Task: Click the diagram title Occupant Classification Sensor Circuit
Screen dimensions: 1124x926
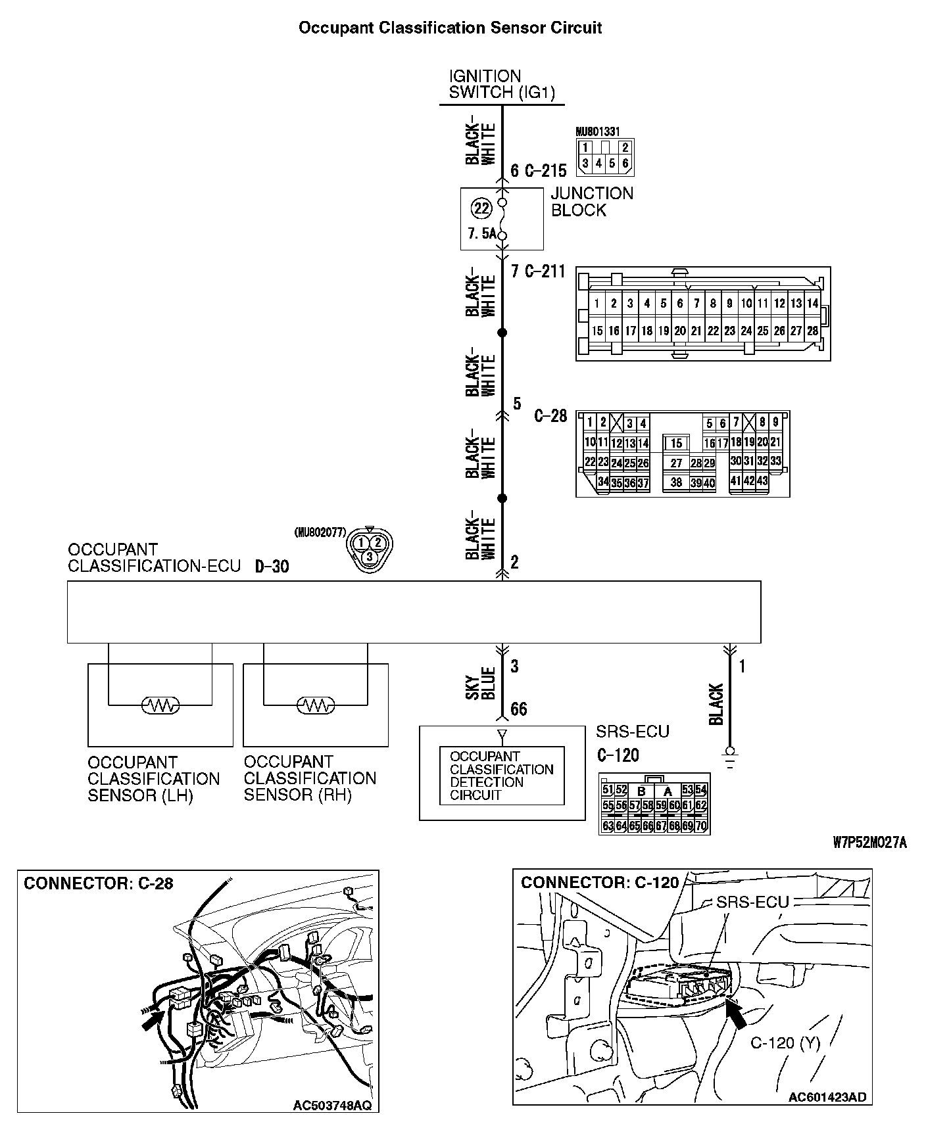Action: tap(450, 28)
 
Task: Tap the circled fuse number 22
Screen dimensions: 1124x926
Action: tap(482, 208)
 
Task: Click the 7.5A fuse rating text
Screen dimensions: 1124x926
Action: tap(481, 233)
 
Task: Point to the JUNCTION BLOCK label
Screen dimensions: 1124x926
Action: tap(591, 202)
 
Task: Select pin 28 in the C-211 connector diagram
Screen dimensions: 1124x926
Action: tap(812, 331)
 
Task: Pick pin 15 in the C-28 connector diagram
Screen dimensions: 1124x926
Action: tap(676, 444)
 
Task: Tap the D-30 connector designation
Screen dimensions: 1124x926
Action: tap(272, 567)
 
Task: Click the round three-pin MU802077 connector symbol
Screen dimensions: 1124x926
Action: tap(370, 548)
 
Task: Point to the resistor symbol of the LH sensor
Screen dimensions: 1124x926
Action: tap(160, 705)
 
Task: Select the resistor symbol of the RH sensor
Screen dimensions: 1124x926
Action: tap(316, 705)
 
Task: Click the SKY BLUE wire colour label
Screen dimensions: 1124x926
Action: tap(488, 684)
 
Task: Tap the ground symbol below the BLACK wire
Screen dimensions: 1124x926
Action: tap(729, 755)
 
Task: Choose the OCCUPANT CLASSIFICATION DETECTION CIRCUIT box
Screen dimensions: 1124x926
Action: tap(502, 776)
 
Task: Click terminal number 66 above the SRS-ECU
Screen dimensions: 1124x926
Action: tap(519, 709)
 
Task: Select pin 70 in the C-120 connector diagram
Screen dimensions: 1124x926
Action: tap(701, 826)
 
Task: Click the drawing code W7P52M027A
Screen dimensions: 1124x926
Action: tap(869, 843)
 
